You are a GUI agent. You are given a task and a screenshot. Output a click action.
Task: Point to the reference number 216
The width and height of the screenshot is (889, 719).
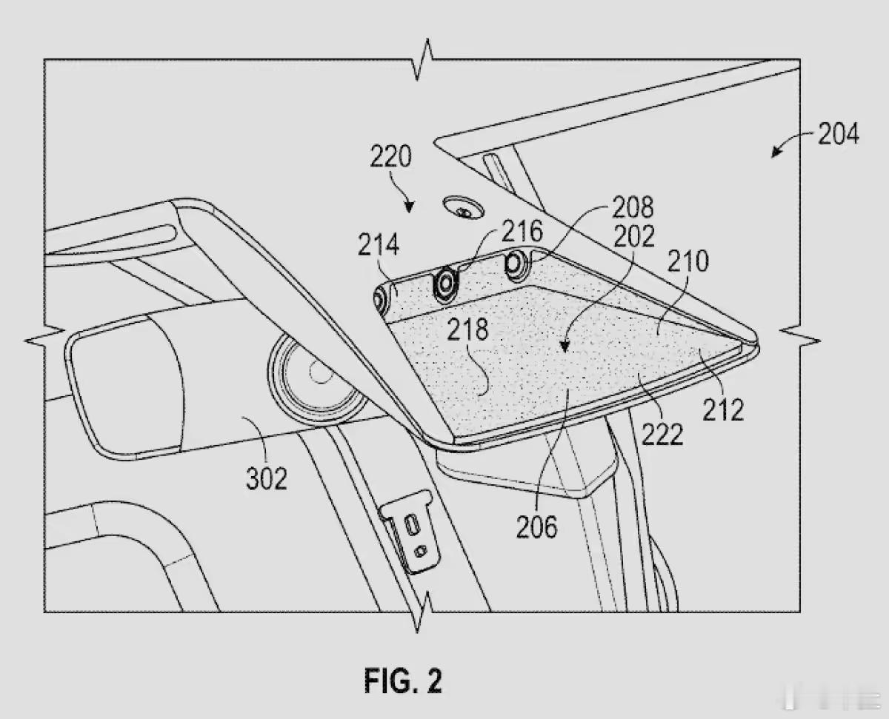pyautogui.click(x=523, y=232)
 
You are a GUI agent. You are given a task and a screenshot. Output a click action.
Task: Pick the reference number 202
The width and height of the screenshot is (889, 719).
pyautogui.click(x=634, y=236)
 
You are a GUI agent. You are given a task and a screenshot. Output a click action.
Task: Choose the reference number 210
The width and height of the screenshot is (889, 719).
pyautogui.click(x=689, y=261)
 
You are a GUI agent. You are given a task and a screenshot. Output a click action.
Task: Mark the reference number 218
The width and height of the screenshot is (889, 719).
pyautogui.click(x=467, y=329)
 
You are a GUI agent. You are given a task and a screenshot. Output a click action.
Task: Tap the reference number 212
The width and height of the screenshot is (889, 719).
pyautogui.click(x=724, y=407)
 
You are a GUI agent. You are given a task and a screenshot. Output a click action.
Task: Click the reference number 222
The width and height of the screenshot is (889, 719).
pyautogui.click(x=662, y=434)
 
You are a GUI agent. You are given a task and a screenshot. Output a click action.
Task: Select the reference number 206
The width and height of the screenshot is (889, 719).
pyautogui.click(x=537, y=527)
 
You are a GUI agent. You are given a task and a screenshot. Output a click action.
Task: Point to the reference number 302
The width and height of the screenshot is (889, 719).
pyautogui.click(x=267, y=478)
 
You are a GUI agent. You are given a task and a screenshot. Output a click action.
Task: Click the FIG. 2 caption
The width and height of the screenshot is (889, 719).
pyautogui.click(x=402, y=680)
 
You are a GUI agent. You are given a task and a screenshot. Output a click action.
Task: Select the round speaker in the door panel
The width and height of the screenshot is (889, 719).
pyautogui.click(x=316, y=376)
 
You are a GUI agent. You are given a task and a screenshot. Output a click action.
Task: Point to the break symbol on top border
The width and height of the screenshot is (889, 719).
pyautogui.click(x=423, y=58)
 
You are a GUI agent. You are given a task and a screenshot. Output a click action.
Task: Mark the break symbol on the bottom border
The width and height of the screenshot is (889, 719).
pyautogui.click(x=423, y=612)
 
